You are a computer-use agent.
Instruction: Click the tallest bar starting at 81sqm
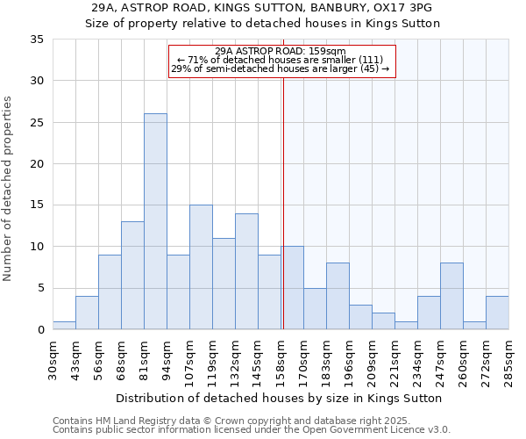[155, 221]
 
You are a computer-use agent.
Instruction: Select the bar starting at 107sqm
[201, 267]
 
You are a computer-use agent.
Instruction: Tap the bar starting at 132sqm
[246, 271]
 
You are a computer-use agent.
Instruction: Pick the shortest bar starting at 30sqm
[64, 325]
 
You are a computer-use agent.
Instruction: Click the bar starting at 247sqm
[451, 296]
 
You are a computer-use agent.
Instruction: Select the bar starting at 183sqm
[338, 296]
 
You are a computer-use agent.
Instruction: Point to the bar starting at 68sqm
[132, 275]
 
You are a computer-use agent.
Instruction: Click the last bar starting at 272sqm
[497, 313]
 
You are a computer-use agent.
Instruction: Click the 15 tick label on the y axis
[37, 205]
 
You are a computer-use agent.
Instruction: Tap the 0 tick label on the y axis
[40, 329]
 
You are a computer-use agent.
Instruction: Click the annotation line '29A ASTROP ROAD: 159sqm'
[281, 51]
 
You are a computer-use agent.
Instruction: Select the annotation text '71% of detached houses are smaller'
[281, 60]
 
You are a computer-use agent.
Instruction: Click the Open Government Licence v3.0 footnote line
[252, 429]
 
